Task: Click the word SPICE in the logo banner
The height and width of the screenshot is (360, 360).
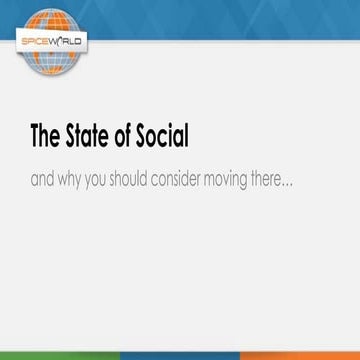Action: pyautogui.click(x=33, y=42)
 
